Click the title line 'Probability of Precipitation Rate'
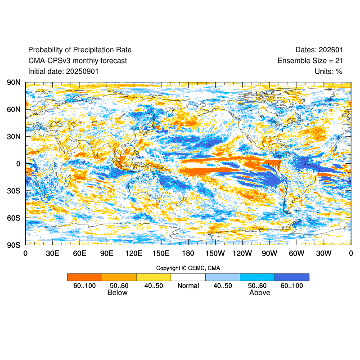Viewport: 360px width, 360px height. coord(80,50)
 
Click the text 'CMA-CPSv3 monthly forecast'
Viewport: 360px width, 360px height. coord(77,61)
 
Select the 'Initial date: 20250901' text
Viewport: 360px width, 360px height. coord(63,71)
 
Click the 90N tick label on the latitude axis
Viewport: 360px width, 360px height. coord(13,83)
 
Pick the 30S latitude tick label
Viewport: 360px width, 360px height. coord(13,191)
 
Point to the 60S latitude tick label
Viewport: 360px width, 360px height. coord(13,218)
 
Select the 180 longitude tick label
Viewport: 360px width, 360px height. coord(188,253)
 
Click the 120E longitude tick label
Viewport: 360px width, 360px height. coord(134,253)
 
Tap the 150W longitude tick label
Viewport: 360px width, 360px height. coord(215,253)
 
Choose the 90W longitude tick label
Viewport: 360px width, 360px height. coord(270,253)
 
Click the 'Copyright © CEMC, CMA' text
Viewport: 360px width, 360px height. coord(188,268)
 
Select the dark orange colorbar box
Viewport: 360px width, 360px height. coord(85,277)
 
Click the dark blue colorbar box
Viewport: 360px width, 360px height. coord(292,277)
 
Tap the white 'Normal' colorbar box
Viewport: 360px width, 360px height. coord(188,277)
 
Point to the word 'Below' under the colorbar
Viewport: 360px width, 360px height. coord(117,293)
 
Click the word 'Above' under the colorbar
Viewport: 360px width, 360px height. coord(260,293)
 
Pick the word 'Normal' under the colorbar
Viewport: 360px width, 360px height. coord(188,286)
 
